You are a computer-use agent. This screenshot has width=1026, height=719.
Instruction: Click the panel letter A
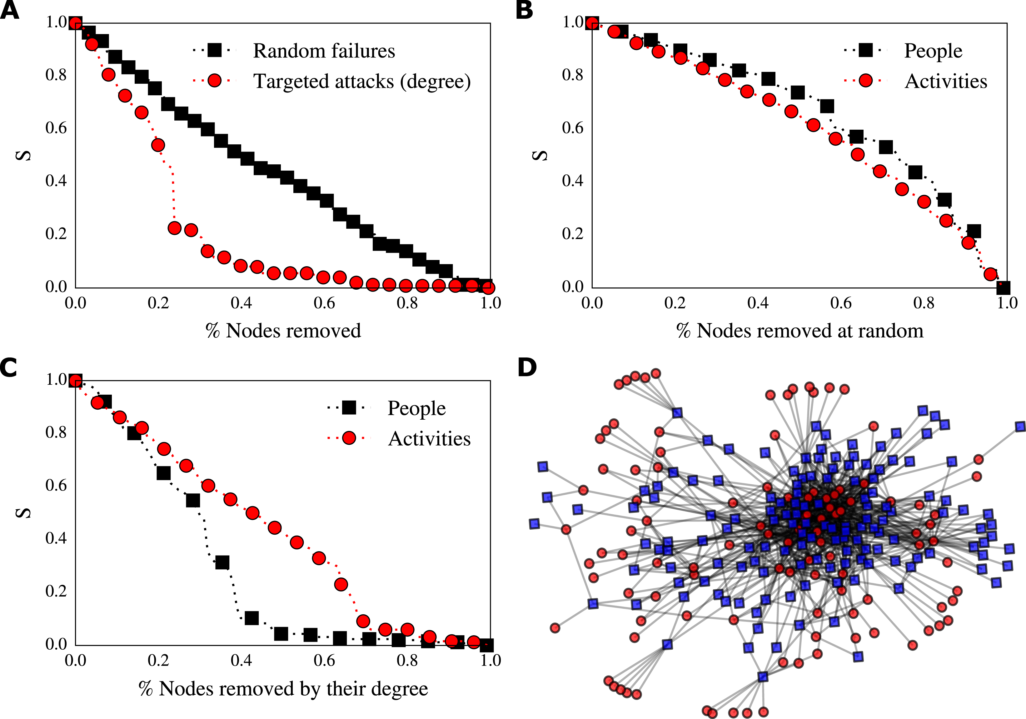(10, 10)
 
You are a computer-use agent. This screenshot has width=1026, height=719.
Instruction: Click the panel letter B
(524, 10)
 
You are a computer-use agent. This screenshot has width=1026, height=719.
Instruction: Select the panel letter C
(9, 368)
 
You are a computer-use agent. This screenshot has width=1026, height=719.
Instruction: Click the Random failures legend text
(324, 51)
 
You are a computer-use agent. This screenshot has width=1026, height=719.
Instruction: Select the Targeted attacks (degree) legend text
(362, 81)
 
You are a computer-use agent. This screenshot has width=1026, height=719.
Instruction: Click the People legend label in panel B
(933, 51)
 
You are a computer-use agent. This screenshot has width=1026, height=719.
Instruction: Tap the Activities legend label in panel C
(429, 439)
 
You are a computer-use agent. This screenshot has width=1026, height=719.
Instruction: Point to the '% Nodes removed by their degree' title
(283, 689)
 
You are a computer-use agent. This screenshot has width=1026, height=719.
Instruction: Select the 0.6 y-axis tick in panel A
(56, 128)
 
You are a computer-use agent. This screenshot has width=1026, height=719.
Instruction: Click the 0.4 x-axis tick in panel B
(758, 303)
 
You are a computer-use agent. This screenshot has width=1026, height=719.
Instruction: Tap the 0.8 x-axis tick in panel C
(407, 661)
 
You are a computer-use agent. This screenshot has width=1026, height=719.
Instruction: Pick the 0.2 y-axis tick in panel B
(572, 233)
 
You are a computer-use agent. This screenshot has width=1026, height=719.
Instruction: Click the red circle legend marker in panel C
(349, 438)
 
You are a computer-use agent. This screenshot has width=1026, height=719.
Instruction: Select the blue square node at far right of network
(1020, 427)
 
